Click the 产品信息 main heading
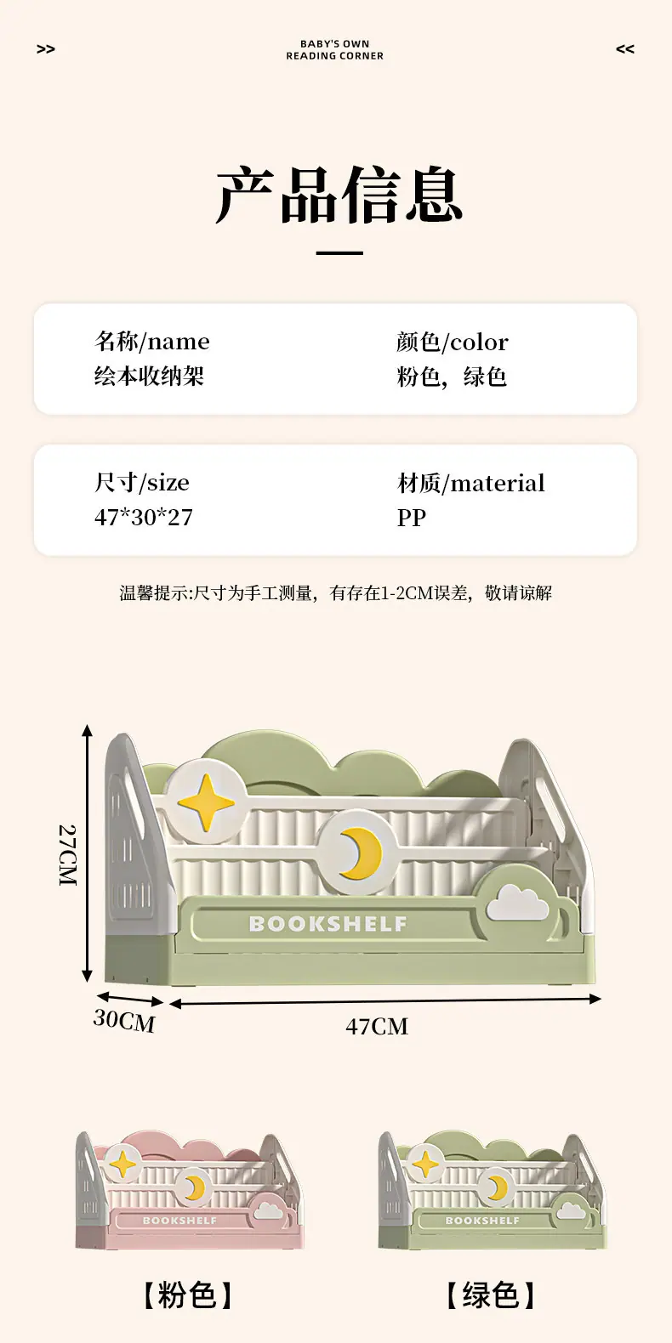pos(339,195)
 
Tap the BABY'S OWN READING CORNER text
pos(335,50)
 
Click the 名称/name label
pos(151,342)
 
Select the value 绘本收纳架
pos(150,377)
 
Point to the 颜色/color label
pos(453,343)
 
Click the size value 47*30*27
pos(144,518)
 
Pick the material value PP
pos(412,518)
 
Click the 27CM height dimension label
pos(68,856)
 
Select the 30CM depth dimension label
pos(124,1021)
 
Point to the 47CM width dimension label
pos(377,1027)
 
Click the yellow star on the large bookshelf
pos(206,802)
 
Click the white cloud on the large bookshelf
pos(517,903)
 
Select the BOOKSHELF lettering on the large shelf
pos(328,924)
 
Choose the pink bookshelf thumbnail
pos(190,1190)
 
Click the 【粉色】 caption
pos(186,1295)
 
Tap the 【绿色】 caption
pos(491,1295)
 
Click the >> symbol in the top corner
pos(46,49)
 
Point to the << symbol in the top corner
pos(625,49)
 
